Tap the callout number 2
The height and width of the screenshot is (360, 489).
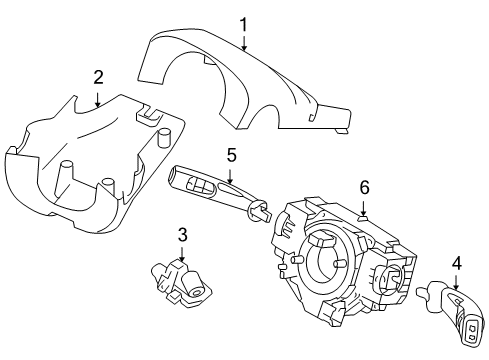98,77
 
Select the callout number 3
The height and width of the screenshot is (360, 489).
183,235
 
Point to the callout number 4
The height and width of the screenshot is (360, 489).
456,264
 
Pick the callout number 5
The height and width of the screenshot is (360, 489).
230,155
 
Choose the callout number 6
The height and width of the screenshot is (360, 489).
365,186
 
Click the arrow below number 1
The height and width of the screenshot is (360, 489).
243,42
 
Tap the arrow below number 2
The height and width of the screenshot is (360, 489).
98,98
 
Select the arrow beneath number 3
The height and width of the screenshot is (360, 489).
183,255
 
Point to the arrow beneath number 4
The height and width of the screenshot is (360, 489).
456,284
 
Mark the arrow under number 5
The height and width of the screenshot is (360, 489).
230,176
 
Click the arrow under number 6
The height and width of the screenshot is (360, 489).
365,206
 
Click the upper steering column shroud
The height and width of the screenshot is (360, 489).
250,85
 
